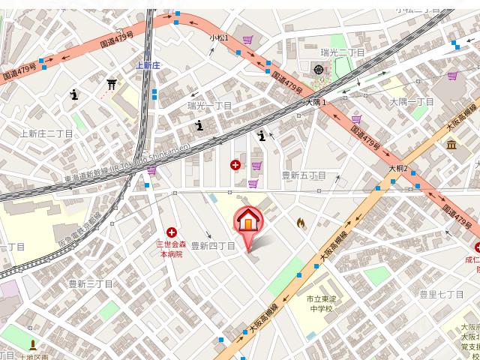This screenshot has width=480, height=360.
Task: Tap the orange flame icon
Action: (x=301, y=223)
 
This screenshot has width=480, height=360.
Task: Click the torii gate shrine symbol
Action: (x=112, y=85)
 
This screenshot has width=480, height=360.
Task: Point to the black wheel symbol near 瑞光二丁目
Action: (x=319, y=70)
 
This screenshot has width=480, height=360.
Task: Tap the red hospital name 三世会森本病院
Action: (x=174, y=250)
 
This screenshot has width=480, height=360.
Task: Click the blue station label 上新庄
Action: (x=149, y=66)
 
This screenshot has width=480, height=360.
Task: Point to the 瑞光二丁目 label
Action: (x=341, y=52)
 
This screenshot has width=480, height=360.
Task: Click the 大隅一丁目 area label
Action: (x=412, y=101)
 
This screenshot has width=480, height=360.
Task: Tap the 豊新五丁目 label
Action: (x=303, y=175)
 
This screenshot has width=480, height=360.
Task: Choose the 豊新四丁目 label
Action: (x=213, y=245)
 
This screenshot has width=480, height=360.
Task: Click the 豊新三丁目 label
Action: (x=90, y=283)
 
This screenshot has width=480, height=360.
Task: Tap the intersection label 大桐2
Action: (x=397, y=169)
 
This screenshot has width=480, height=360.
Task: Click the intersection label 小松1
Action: (x=219, y=37)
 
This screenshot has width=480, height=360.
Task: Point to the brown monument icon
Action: (x=33, y=346)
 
